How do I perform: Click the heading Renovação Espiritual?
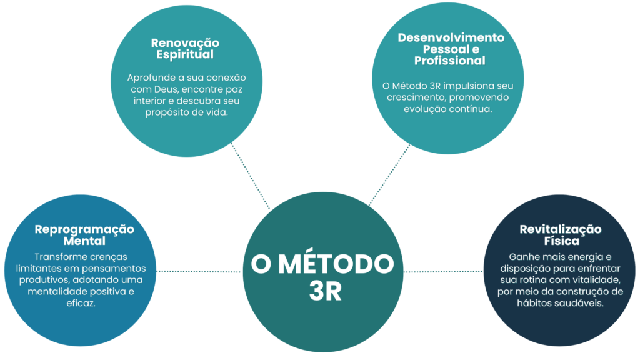(x=186, y=49)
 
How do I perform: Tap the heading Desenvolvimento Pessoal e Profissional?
(x=451, y=49)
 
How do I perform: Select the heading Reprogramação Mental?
(x=84, y=235)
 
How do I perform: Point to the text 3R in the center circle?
(x=325, y=292)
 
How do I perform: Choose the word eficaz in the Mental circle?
(x=84, y=302)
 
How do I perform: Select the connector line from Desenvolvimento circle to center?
(x=389, y=175)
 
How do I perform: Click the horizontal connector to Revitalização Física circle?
(x=444, y=271)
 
